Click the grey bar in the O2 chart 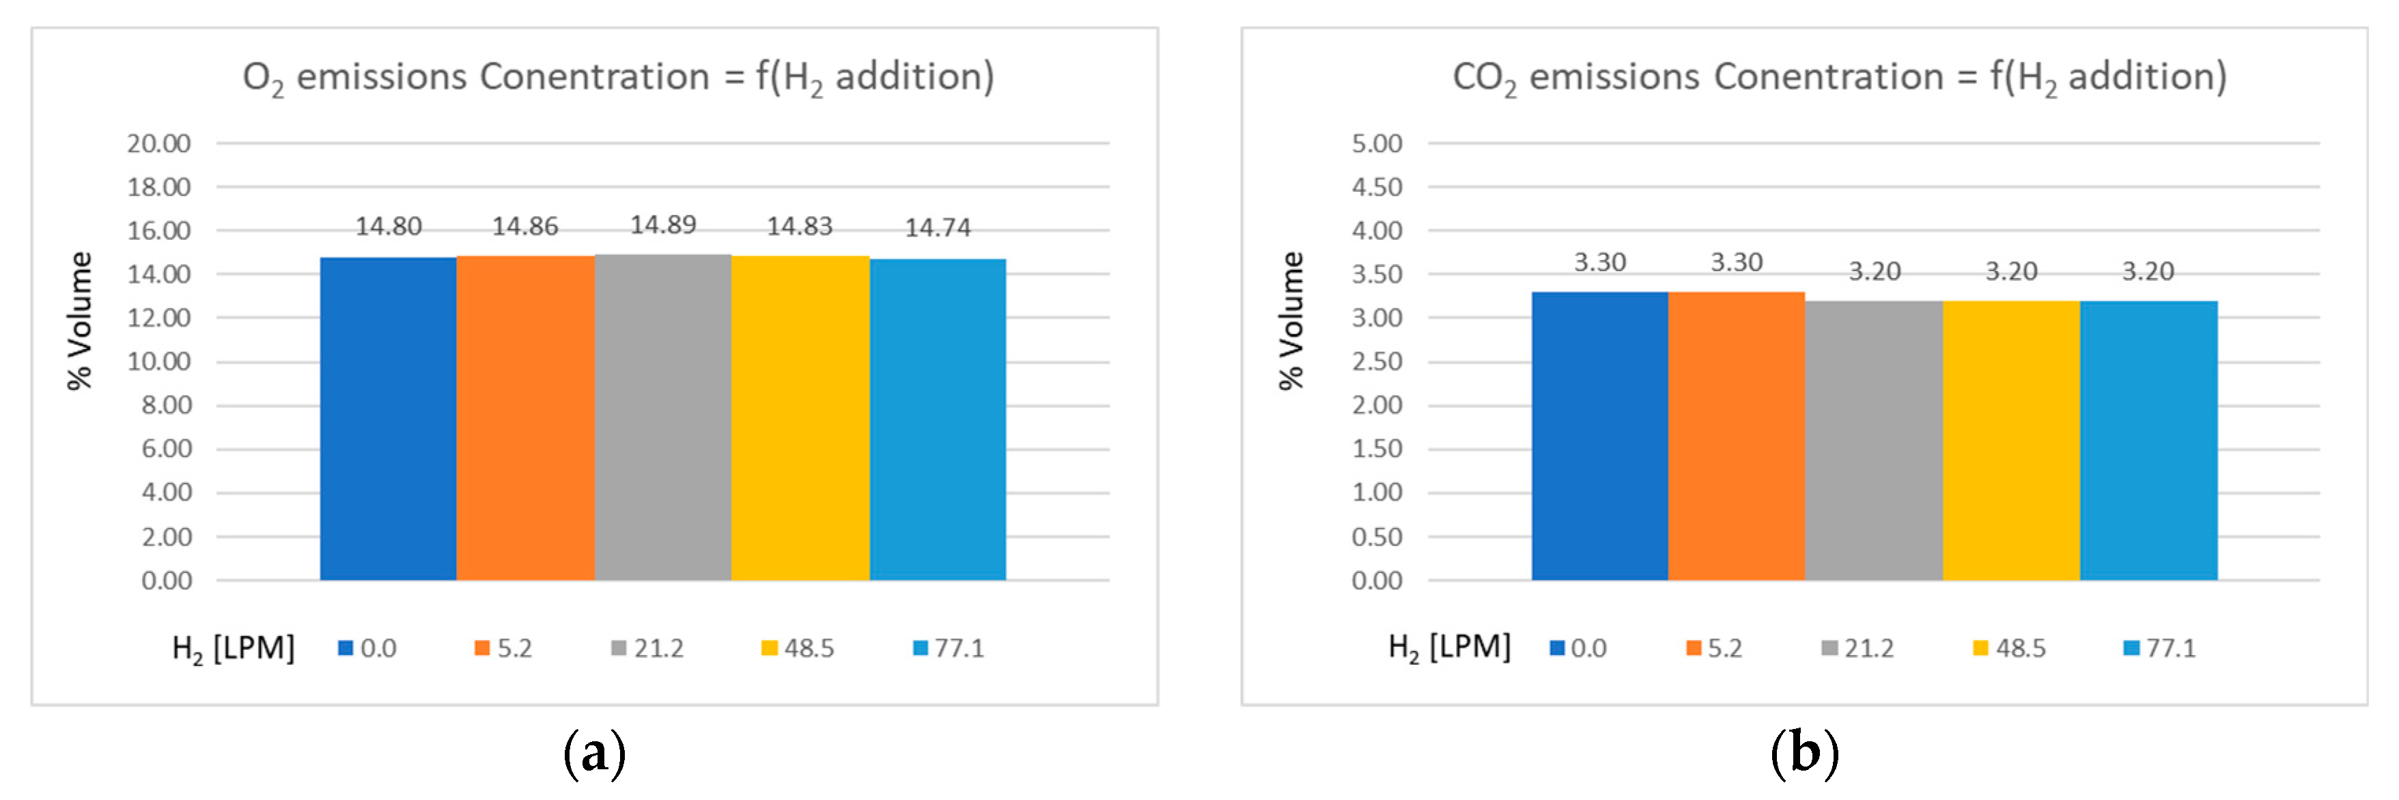662,419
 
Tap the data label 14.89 662,225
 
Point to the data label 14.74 937,227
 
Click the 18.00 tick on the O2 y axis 158,187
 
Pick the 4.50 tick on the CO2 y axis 1377,187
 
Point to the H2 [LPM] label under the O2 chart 233,648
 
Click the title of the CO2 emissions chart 1839,77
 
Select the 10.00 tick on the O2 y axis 158,361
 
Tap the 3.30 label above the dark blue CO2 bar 1599,262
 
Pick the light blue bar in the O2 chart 937,419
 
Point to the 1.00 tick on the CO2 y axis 1377,493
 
